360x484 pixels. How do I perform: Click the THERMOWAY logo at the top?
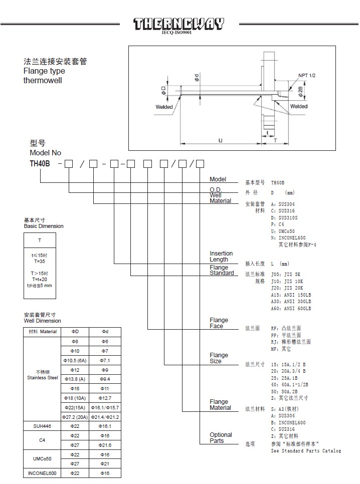[x=178, y=24]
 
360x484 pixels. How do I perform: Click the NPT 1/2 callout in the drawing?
[x=307, y=76]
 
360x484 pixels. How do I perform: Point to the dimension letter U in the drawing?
[x=220, y=140]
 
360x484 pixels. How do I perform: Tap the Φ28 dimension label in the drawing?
[x=300, y=92]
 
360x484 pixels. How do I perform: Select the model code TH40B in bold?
[x=40, y=163]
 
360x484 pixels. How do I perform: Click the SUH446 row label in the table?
[x=41, y=426]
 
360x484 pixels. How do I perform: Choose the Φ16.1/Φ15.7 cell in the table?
[x=105, y=407]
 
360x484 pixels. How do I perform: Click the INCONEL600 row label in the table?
[x=41, y=473]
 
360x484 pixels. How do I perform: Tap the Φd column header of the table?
[x=105, y=332]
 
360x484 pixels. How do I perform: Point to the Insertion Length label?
[x=221, y=257]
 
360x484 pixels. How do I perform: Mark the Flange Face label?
[x=219, y=323]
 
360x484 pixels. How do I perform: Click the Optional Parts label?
[x=221, y=438]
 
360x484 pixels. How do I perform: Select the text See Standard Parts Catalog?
[x=306, y=451]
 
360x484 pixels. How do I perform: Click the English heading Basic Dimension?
[x=44, y=226]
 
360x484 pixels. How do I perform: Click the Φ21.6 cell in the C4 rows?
[x=105, y=445]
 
